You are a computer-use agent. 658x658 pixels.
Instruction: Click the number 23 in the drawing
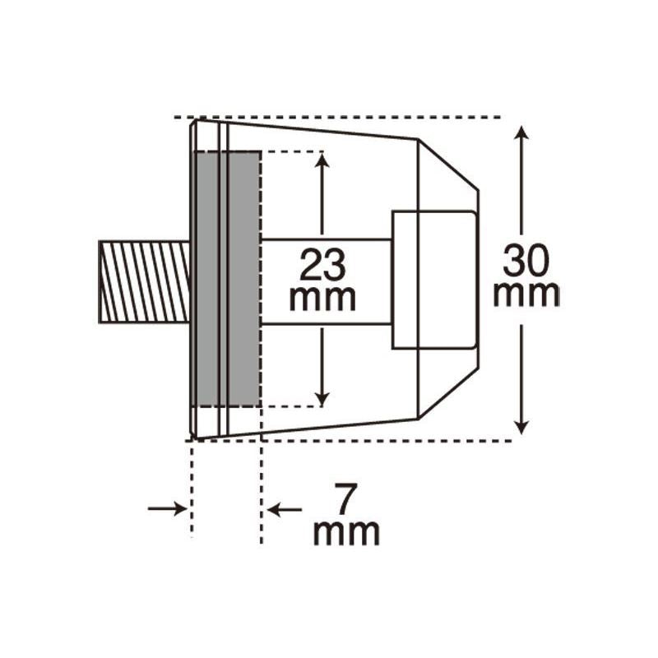pyautogui.click(x=322, y=265)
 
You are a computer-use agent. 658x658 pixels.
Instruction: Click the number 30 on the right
pyautogui.click(x=526, y=261)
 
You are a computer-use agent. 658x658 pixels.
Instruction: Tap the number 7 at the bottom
pyautogui.click(x=345, y=498)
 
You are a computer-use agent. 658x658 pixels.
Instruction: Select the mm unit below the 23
pyautogui.click(x=322, y=298)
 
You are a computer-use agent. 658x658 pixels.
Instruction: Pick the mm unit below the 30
pyautogui.click(x=526, y=294)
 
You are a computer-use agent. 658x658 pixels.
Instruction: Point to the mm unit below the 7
pyautogui.click(x=346, y=532)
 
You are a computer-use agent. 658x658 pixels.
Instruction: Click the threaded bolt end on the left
pyautogui.click(x=144, y=281)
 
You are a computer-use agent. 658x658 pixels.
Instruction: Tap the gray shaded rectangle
pyautogui.click(x=228, y=279)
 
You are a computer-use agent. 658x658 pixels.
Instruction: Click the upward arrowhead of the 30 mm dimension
pyautogui.click(x=521, y=132)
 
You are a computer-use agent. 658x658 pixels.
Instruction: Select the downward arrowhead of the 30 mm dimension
pyautogui.click(x=521, y=427)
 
